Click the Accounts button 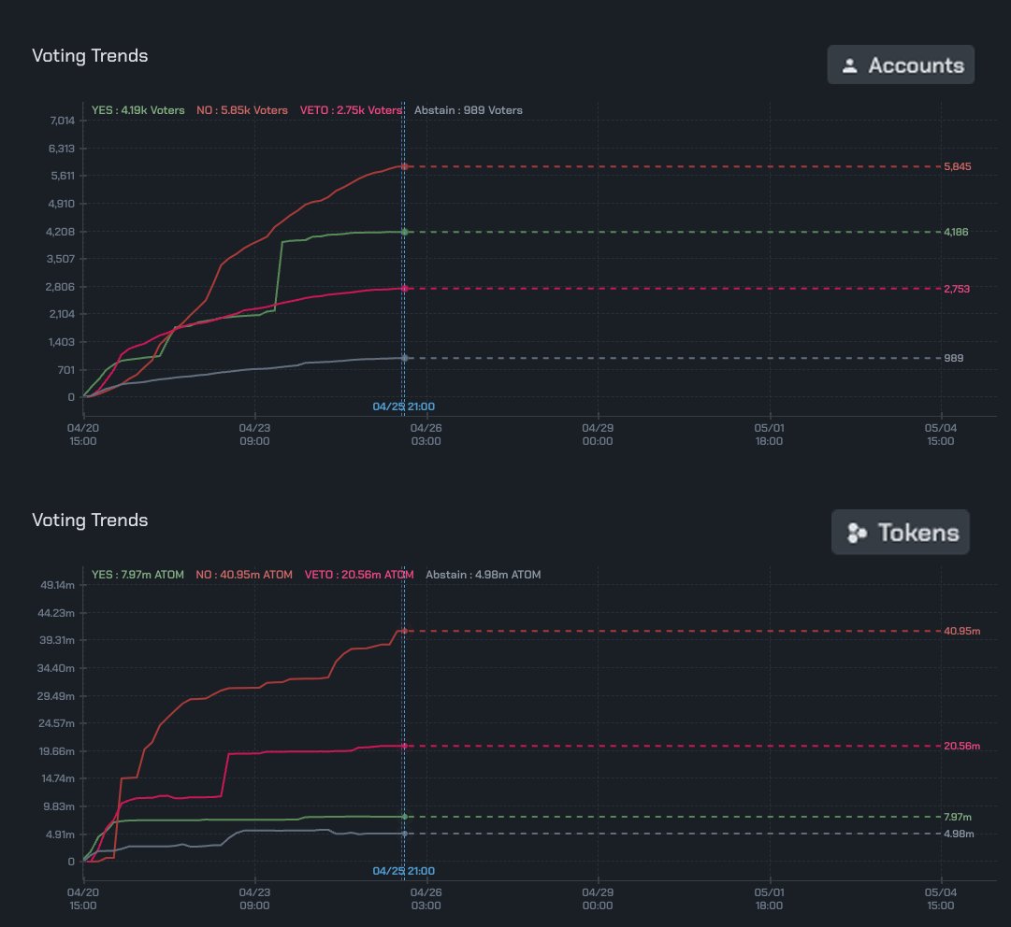pyautogui.click(x=901, y=65)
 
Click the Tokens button pyautogui.click(x=901, y=533)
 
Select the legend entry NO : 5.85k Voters pyautogui.click(x=241, y=110)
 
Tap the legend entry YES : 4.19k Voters pyautogui.click(x=138, y=110)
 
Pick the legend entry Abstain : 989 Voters pyautogui.click(x=468, y=110)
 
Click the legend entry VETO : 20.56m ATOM pyautogui.click(x=358, y=575)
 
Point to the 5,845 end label pyautogui.click(x=956, y=166)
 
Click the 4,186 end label pyautogui.click(x=956, y=232)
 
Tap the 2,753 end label pyautogui.click(x=956, y=289)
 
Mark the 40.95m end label pyautogui.click(x=961, y=632)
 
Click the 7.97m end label pyautogui.click(x=960, y=817)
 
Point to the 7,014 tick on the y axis pyautogui.click(x=63, y=121)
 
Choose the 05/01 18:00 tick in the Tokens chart pyautogui.click(x=769, y=899)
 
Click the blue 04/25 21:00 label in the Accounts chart pyautogui.click(x=403, y=406)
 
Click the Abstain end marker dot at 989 pyautogui.click(x=404, y=358)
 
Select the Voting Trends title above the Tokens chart pyautogui.click(x=90, y=520)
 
